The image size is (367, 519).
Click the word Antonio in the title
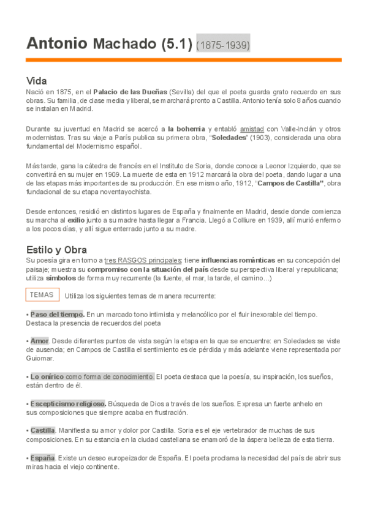click(56, 44)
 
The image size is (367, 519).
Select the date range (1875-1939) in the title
click(223, 45)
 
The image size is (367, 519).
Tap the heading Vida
click(37, 81)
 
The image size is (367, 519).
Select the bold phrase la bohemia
click(187, 129)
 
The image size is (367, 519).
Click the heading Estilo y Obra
click(56, 250)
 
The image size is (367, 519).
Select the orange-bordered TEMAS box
click(42, 294)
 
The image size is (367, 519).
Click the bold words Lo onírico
click(47, 376)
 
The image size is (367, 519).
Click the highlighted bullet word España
click(42, 458)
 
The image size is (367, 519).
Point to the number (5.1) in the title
click(177, 44)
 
